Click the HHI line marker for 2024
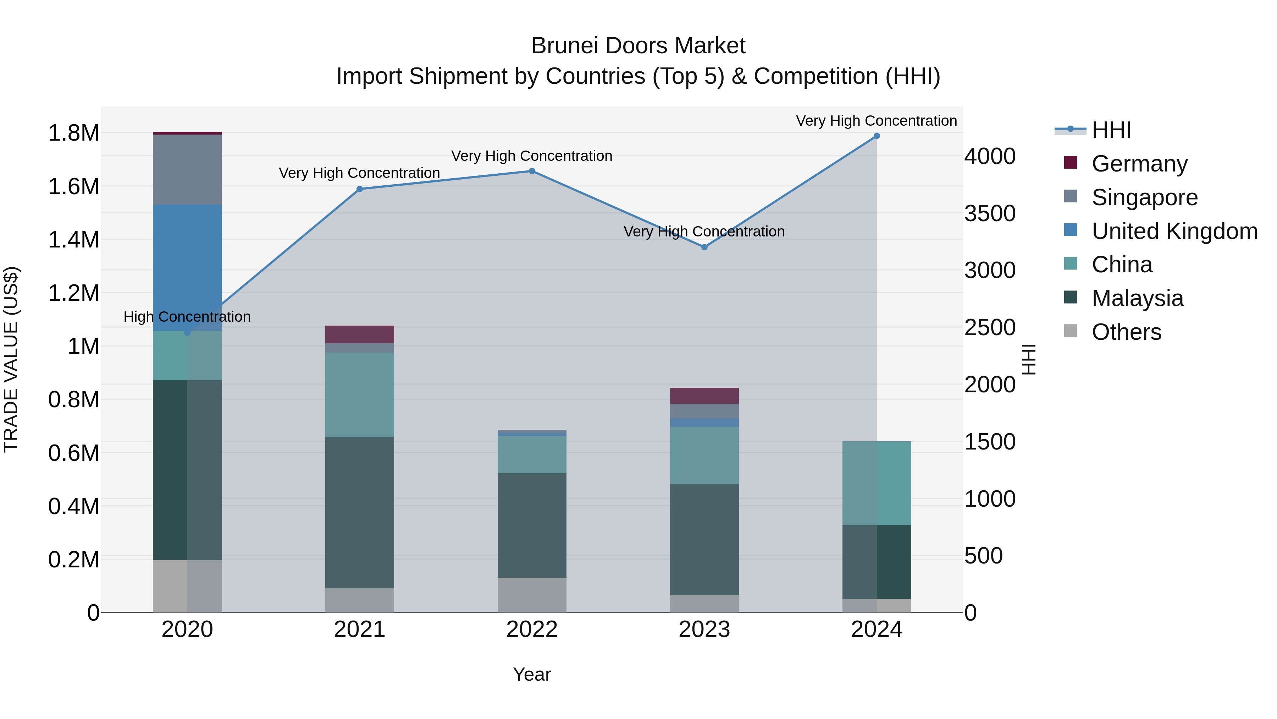pos(877,136)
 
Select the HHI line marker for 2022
pos(532,171)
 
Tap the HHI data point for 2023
pos(704,247)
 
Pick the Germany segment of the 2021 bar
pos(359,334)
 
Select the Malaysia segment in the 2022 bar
pos(532,525)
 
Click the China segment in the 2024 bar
pos(877,483)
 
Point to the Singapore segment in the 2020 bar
pos(187,169)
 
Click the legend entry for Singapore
pos(1144,197)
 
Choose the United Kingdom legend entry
pos(1174,231)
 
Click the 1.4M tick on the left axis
pos(73,240)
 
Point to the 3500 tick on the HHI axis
pos(989,213)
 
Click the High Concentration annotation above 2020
pos(187,317)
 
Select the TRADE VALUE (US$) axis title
pos(11,359)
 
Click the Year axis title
pos(532,674)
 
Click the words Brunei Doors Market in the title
pos(638,46)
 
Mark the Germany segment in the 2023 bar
pos(704,396)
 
